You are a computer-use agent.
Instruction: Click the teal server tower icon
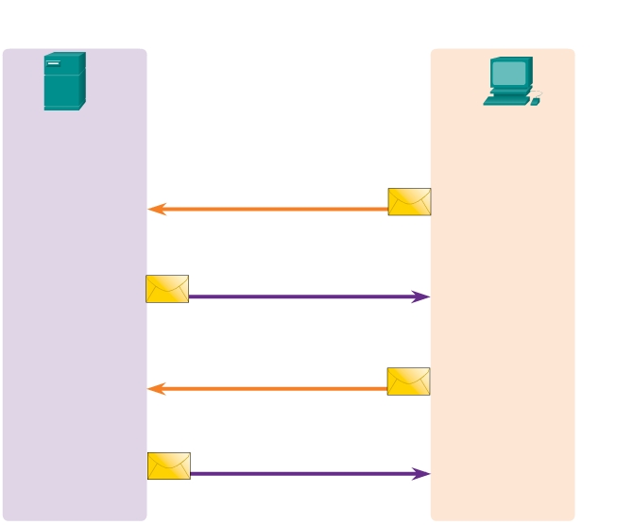point(64,82)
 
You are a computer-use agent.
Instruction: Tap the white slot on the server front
point(54,63)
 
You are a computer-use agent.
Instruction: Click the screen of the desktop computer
point(509,73)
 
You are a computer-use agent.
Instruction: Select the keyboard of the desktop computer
point(506,99)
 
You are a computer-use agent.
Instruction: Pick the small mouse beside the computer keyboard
point(536,101)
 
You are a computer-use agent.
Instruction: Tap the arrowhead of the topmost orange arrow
point(156,209)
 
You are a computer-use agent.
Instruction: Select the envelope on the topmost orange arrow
point(409,201)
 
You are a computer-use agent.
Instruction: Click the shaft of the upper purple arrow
point(302,296)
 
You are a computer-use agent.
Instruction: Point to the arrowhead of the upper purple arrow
point(422,296)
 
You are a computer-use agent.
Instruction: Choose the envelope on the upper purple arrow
point(167,289)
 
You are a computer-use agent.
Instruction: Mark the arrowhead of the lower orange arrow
point(156,388)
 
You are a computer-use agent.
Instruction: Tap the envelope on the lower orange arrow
point(408,381)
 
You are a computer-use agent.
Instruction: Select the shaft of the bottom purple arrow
point(302,473)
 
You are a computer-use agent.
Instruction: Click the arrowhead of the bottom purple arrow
point(422,473)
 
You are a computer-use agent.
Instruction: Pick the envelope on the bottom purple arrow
point(169,466)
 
